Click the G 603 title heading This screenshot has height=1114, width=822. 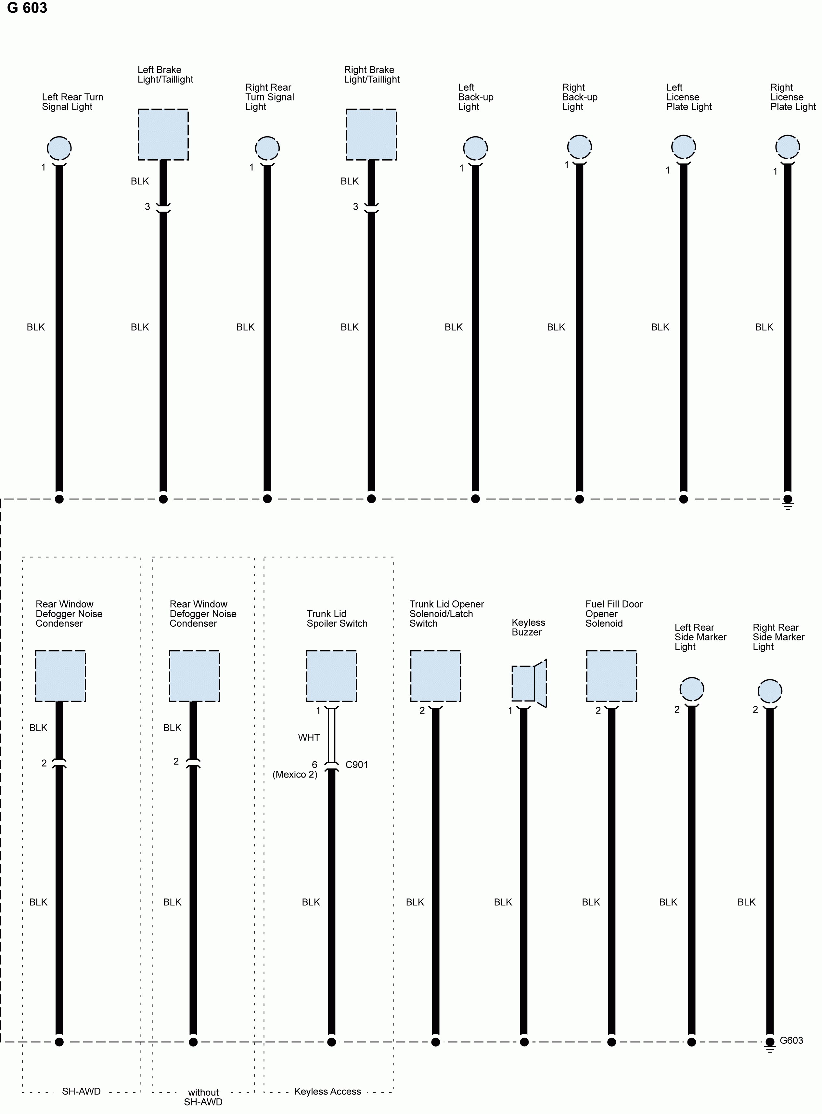[27, 8]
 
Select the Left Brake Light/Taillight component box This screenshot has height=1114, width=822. [163, 134]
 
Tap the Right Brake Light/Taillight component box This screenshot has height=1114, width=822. [371, 134]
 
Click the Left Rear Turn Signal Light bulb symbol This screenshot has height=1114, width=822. [59, 148]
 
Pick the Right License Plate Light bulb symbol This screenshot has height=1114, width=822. [787, 147]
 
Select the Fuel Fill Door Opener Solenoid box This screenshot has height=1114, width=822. [611, 675]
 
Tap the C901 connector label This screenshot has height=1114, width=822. [356, 765]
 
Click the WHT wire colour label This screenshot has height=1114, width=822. [309, 737]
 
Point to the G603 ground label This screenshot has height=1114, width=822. [791, 1040]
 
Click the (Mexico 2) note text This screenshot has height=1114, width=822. [295, 775]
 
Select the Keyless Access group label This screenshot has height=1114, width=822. [328, 1091]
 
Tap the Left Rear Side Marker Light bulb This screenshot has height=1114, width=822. [692, 689]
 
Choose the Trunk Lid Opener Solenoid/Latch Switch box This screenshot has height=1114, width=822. [435, 675]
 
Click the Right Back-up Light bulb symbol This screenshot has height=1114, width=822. [579, 147]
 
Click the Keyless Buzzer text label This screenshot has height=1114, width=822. [528, 627]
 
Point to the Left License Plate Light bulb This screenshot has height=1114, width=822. [683, 147]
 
